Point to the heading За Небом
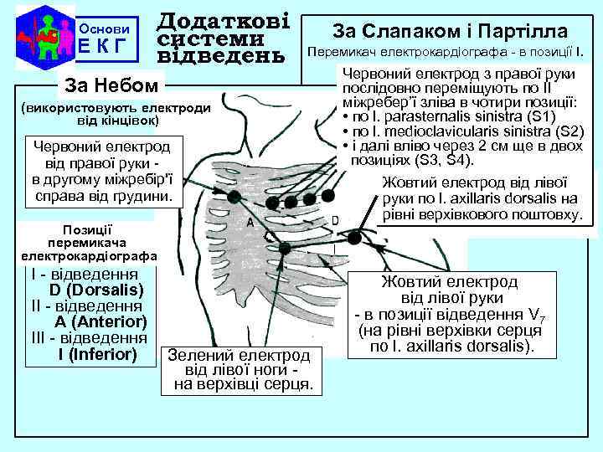[x=109, y=85]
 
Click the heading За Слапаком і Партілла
[x=450, y=31]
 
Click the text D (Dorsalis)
[x=96, y=290]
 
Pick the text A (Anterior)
[x=101, y=322]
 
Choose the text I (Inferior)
[x=97, y=354]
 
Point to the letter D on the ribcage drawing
[x=335, y=220]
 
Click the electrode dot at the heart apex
[x=286, y=247]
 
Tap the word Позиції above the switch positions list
[x=88, y=229]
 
